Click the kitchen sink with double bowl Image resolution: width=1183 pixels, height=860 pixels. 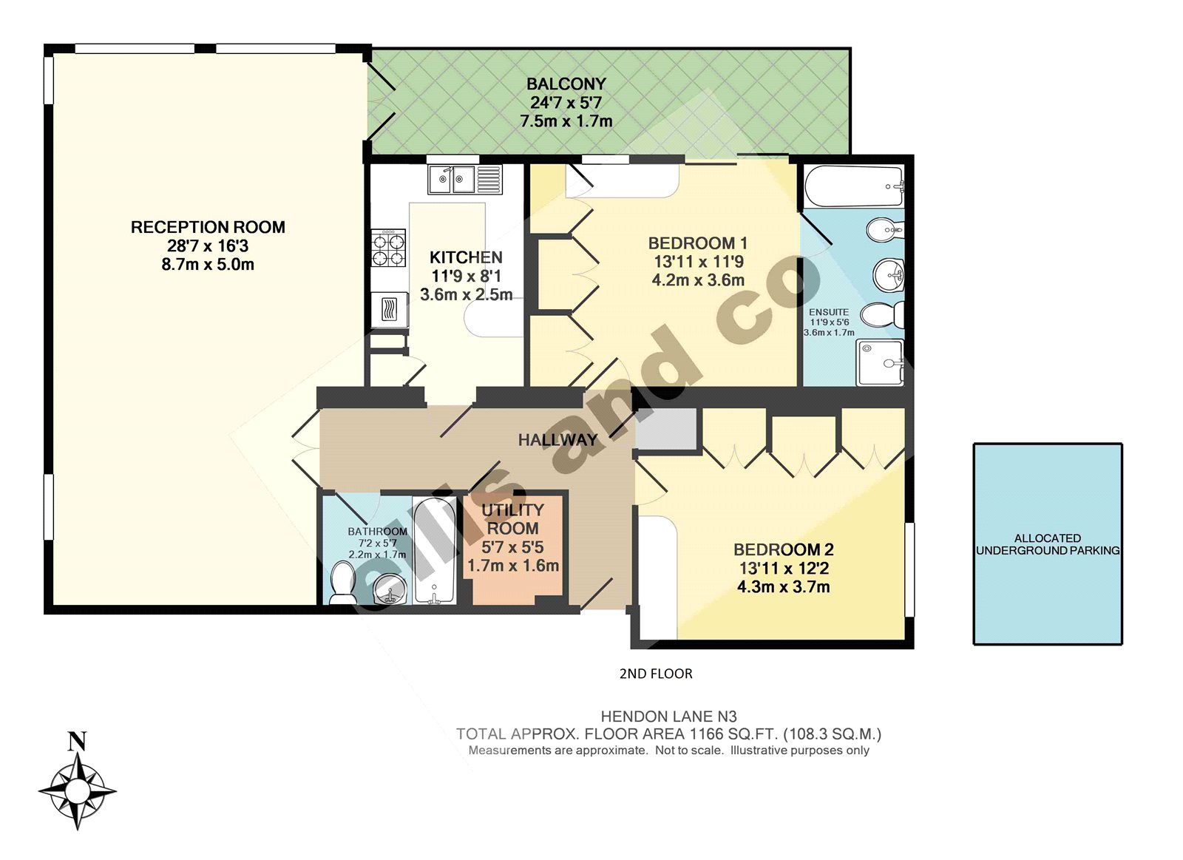pos(452,180)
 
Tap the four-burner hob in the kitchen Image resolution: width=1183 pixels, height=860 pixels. pos(389,248)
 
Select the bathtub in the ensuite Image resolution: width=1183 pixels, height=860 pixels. pos(854,187)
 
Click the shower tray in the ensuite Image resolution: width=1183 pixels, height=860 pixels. pos(880,362)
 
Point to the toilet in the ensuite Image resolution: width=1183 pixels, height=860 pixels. pos(882,315)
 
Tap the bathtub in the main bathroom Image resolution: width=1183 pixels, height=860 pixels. pos(435,551)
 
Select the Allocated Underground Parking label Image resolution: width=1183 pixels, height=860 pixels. pos(1048,544)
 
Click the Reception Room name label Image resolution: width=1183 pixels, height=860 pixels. pos(208,227)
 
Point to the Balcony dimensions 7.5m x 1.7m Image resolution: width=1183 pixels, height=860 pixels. pos(566,121)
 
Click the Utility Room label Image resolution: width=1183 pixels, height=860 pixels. pos(512,519)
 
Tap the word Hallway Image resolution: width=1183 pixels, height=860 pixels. pos(557,440)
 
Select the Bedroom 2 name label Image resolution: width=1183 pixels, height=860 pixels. pos(783,549)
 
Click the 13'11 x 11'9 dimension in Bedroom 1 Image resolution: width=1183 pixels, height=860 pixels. pos(698,261)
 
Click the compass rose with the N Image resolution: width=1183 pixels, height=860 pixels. pos(77,789)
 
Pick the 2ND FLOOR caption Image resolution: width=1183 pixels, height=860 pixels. pos(656,674)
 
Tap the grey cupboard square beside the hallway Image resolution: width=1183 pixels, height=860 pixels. pos(666,429)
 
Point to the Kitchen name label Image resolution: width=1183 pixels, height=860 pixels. pos(466,257)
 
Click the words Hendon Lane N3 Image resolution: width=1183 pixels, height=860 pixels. pos(668,716)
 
